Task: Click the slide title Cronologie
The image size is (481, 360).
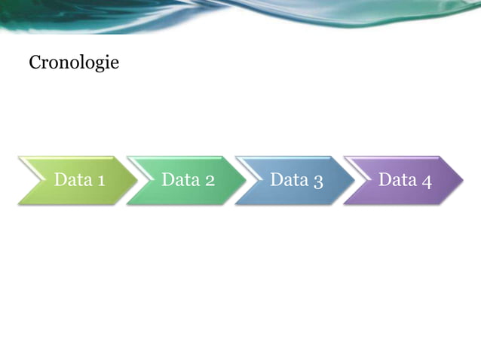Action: coord(74,63)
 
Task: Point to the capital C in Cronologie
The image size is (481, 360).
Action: coord(35,62)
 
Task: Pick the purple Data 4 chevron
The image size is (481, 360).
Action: coord(404,180)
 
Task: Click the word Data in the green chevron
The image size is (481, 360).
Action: coord(70,180)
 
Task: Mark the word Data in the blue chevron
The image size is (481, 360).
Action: coord(287,180)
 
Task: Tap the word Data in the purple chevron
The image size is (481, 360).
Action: coord(396,180)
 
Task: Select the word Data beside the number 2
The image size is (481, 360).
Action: coord(179,180)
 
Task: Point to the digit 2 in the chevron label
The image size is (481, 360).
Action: coord(209,181)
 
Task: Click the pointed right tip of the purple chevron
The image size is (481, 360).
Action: coord(461,180)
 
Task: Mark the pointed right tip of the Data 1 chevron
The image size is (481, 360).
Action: coord(136,180)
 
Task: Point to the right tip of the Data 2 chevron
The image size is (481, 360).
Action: coord(244,180)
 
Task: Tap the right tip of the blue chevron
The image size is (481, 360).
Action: coord(353,180)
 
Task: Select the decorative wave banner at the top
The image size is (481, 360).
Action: coord(240,15)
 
